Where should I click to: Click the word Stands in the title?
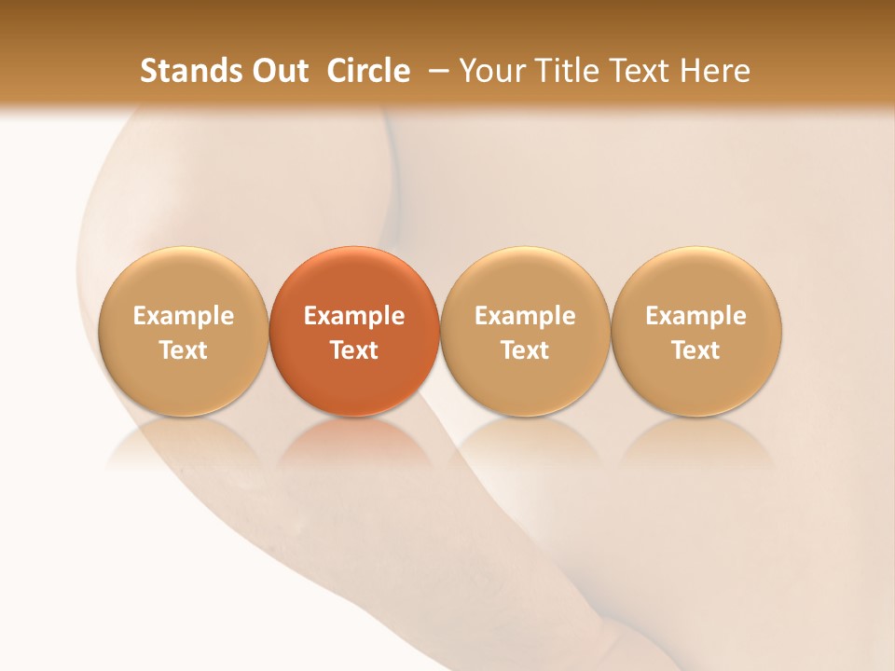(180, 71)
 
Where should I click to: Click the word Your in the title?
(490, 71)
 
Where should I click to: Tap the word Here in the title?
(714, 71)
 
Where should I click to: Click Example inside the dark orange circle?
(354, 316)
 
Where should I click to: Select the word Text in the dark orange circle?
(354, 350)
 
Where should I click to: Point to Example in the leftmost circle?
(184, 316)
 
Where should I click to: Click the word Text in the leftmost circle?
(184, 350)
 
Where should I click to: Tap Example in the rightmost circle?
(696, 316)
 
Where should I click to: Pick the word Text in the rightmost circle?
(696, 350)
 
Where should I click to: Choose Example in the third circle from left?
(525, 316)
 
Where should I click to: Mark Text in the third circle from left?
(525, 350)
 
